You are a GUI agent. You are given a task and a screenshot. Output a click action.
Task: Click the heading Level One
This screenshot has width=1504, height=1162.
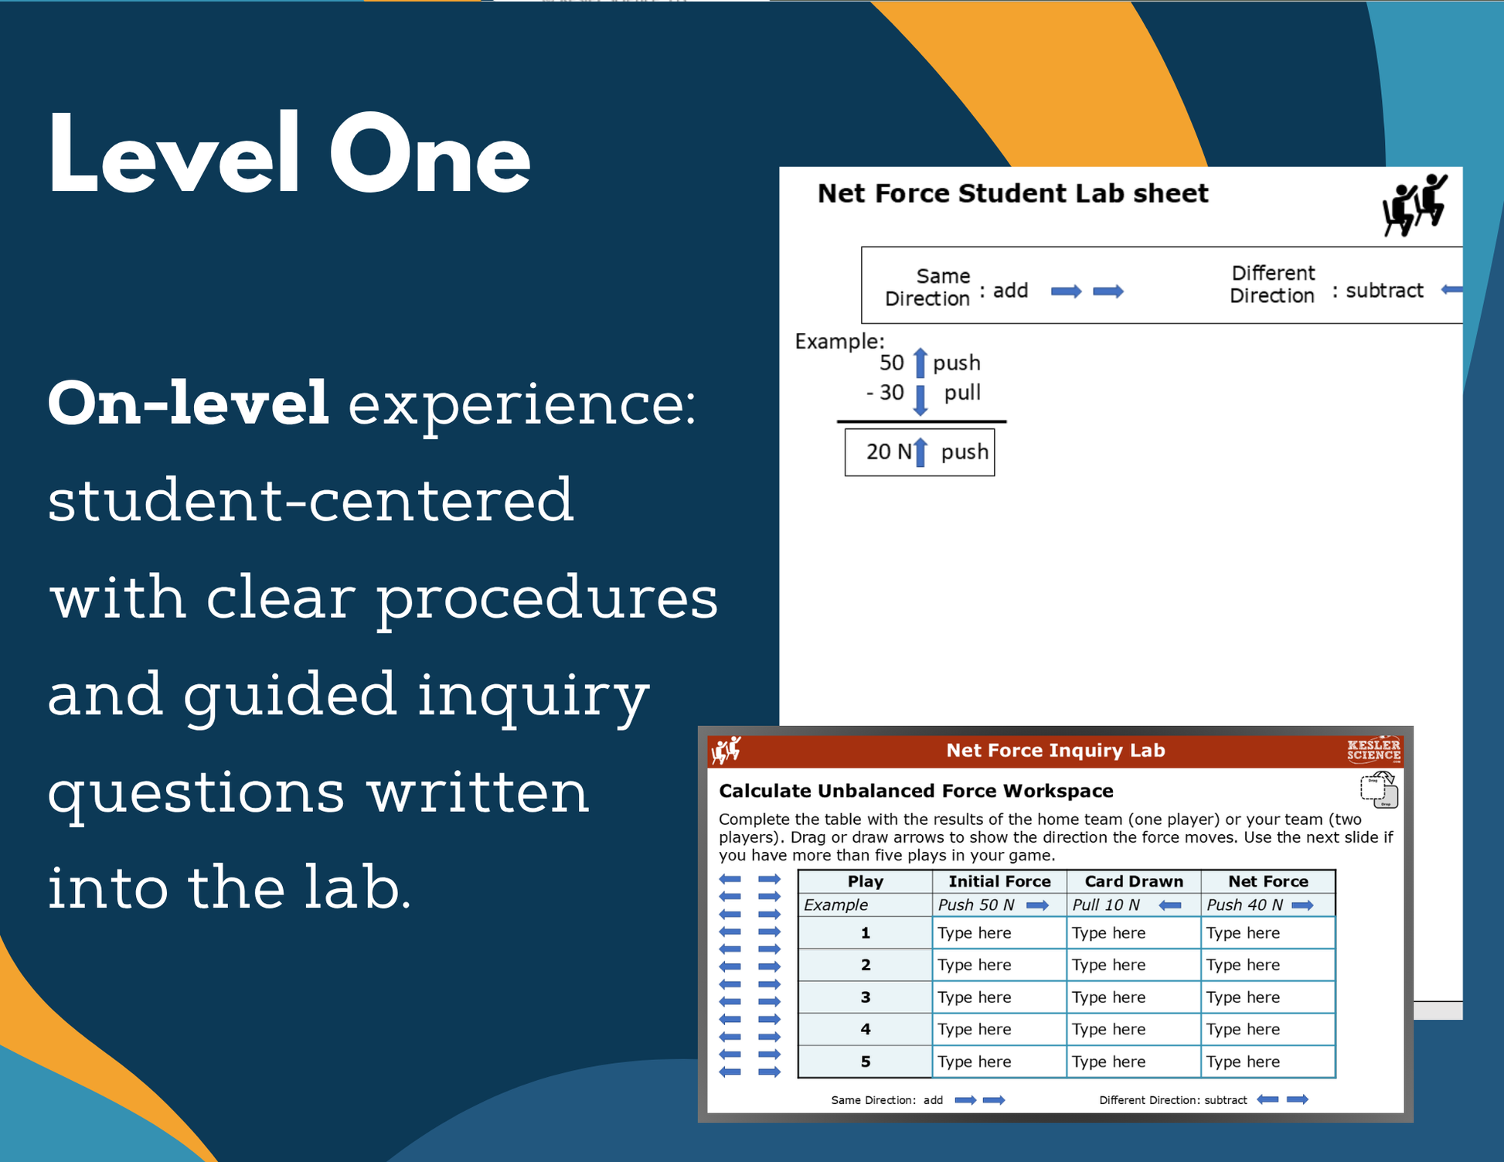[x=289, y=155]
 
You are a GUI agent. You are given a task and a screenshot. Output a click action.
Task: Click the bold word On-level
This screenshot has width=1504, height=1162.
[x=189, y=404]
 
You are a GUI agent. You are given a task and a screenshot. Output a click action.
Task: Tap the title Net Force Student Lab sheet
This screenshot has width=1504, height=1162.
[x=1012, y=193]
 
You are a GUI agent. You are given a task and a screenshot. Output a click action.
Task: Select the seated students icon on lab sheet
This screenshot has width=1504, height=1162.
[x=1414, y=205]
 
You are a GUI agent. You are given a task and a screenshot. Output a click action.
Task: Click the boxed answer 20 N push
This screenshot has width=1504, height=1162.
[x=920, y=452]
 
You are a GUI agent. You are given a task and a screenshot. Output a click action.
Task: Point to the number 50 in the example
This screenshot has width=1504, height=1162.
[x=891, y=363]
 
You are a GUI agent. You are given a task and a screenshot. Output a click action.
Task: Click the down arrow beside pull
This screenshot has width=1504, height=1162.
[x=920, y=400]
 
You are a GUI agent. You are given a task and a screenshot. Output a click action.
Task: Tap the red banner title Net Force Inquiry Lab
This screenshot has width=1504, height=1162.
[x=1056, y=751]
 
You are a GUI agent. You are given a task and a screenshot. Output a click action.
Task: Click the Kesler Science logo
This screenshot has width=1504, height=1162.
[x=1373, y=751]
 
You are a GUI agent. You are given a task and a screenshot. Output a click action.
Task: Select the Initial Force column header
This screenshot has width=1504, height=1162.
[x=999, y=881]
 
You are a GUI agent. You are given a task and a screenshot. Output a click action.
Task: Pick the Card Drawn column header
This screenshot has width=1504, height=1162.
[x=1134, y=881]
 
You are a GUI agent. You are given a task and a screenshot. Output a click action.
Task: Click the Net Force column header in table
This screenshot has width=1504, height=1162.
[x=1268, y=881]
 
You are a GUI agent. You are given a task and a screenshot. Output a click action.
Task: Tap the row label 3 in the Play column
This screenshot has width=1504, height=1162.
[x=866, y=997]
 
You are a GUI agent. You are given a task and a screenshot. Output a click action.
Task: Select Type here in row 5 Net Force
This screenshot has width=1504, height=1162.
[x=1243, y=1061]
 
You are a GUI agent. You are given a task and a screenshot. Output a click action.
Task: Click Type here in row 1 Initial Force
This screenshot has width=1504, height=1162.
[x=974, y=933]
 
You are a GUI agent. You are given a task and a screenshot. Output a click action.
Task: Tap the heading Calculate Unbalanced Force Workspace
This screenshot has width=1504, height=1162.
[x=916, y=791]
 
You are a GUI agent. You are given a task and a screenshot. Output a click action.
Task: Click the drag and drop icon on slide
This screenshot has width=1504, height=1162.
[x=1380, y=789]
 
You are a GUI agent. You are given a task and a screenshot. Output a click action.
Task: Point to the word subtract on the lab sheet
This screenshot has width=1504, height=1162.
[x=1384, y=291]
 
